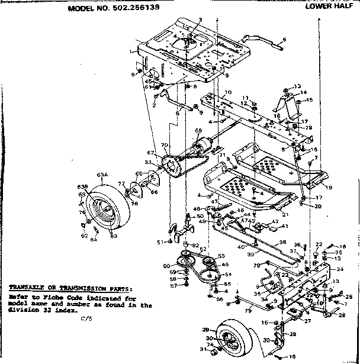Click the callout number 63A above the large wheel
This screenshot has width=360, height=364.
[x=103, y=175]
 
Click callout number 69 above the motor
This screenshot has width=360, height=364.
[x=198, y=131]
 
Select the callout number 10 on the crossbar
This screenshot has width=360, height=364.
[x=227, y=92]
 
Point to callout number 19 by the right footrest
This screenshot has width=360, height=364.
[x=329, y=186]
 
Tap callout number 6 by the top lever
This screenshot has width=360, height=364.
[x=284, y=40]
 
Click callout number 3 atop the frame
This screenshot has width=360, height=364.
[x=201, y=20]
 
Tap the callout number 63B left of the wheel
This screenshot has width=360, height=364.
[x=82, y=188]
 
